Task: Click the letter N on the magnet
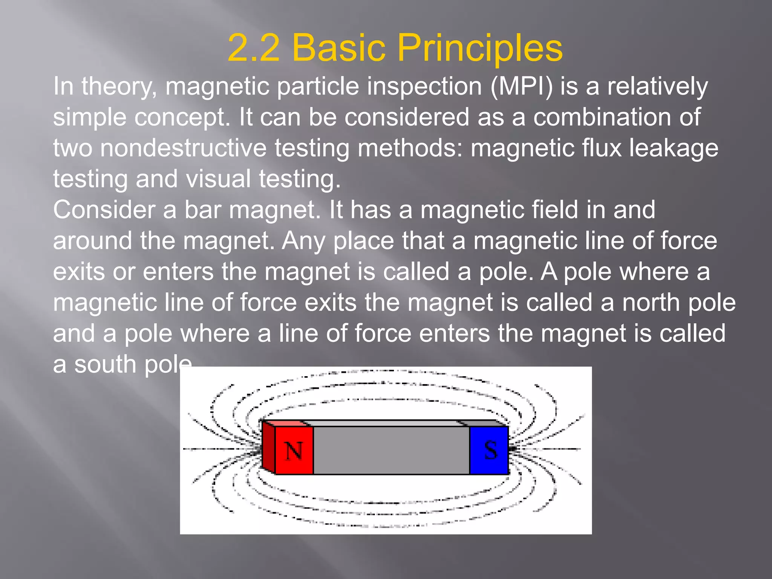(294, 450)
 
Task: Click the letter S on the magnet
(490, 450)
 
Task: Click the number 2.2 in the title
(254, 48)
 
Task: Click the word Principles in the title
(480, 48)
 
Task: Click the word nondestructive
(183, 148)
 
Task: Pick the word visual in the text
(219, 179)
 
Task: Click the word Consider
(104, 210)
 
